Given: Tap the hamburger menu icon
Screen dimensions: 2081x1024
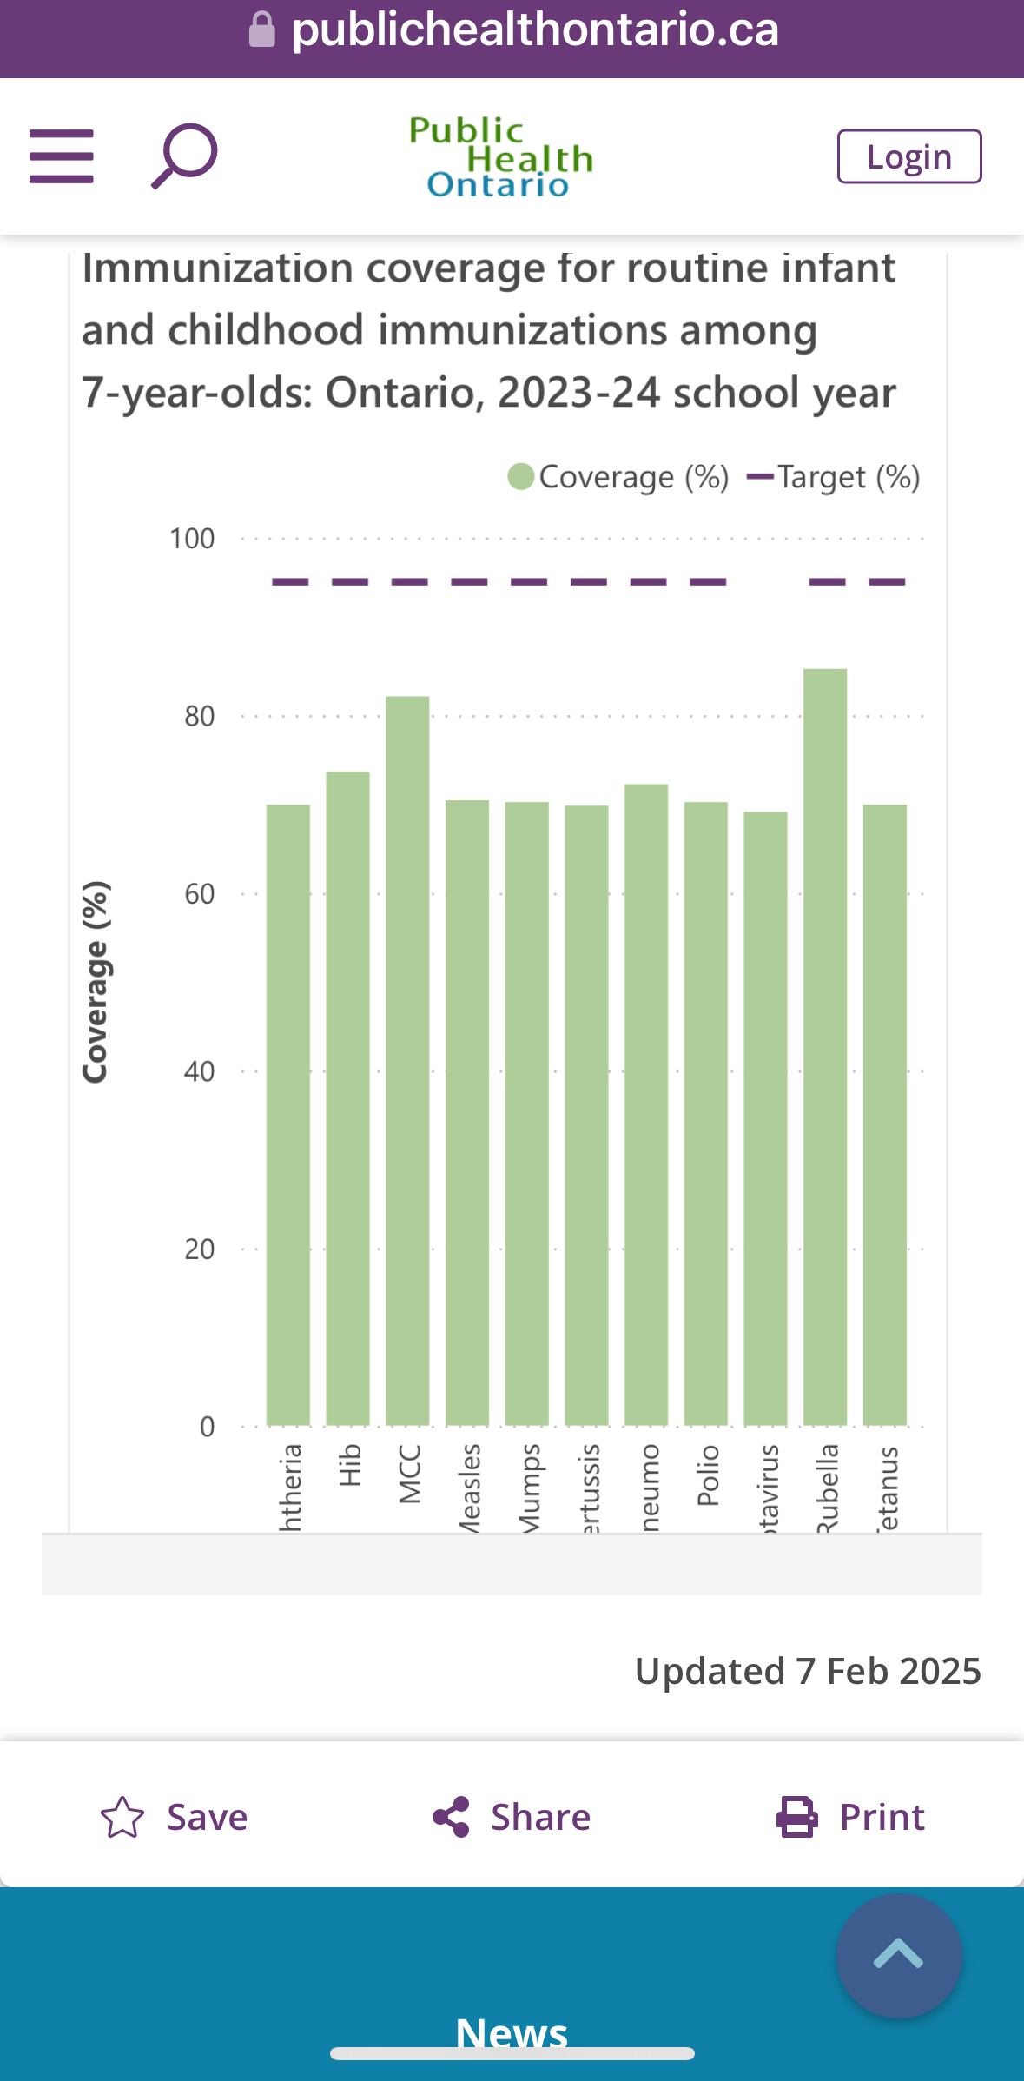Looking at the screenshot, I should pyautogui.click(x=62, y=156).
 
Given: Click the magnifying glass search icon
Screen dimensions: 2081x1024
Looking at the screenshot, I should pyautogui.click(x=184, y=156).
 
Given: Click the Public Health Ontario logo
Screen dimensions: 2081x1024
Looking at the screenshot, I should pyautogui.click(x=501, y=157).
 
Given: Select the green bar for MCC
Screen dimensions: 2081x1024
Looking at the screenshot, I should pyautogui.click(x=407, y=1060).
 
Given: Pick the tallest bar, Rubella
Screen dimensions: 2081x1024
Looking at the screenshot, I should pyautogui.click(x=825, y=1047).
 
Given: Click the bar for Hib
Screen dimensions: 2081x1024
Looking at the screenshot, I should pyautogui.click(x=347, y=1098).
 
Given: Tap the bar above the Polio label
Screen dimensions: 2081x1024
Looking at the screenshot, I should pyautogui.click(x=706, y=1113).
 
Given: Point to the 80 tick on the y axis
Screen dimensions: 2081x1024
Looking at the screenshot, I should pyautogui.click(x=199, y=717).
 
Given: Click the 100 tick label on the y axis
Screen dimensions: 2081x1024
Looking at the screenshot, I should pyautogui.click(x=192, y=540).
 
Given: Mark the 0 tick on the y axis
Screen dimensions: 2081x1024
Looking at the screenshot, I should pyautogui.click(x=207, y=1427).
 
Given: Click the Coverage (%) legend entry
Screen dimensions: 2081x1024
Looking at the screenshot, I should pyautogui.click(x=618, y=477).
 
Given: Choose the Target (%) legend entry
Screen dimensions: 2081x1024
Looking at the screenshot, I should pyautogui.click(x=834, y=477).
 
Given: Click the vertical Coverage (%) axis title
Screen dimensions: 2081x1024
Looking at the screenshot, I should pyautogui.click(x=96, y=982).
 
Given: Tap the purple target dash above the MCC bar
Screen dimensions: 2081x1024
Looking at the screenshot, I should pyautogui.click(x=409, y=581).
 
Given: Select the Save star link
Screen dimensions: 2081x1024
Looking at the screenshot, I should pyautogui.click(x=175, y=1817).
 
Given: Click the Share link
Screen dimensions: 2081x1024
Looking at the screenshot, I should pyautogui.click(x=512, y=1817).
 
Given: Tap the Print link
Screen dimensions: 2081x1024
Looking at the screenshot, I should pyautogui.click(x=851, y=1817).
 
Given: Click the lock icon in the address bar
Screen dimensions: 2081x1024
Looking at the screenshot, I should pyautogui.click(x=262, y=30).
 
